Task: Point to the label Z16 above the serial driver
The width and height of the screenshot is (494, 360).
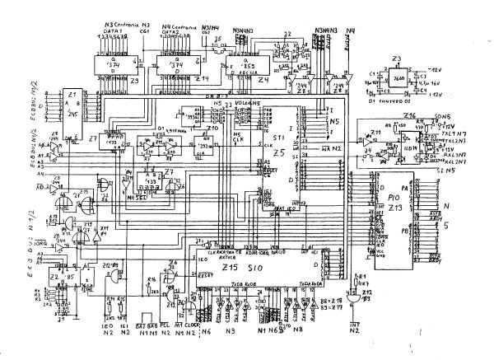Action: pyautogui.click(x=409, y=117)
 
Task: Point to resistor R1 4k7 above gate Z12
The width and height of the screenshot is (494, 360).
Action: pyautogui.click(x=359, y=280)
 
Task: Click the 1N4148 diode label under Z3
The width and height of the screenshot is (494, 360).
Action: pyautogui.click(x=394, y=101)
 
